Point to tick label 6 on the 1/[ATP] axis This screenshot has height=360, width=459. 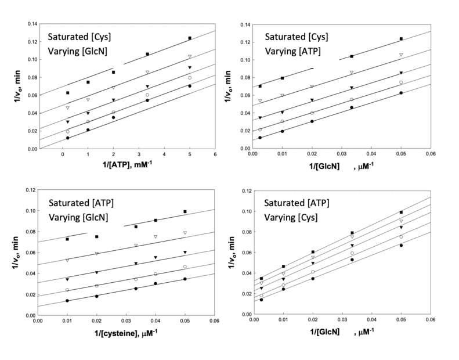click(x=215, y=154)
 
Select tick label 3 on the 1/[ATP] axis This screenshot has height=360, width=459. click(x=139, y=154)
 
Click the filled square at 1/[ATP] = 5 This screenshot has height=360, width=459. click(x=190, y=38)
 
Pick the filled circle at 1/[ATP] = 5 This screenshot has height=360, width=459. click(x=190, y=86)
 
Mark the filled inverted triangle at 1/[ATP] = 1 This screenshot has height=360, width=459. click(x=88, y=113)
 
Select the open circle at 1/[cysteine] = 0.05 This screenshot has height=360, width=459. click(x=185, y=267)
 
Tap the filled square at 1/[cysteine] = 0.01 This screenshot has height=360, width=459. click(x=67, y=239)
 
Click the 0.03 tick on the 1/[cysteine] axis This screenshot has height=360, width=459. click(x=126, y=321)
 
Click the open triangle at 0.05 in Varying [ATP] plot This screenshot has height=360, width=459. click(x=401, y=55)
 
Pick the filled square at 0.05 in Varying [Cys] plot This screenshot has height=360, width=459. click(x=401, y=212)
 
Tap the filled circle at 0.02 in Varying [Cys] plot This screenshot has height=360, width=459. click(x=313, y=279)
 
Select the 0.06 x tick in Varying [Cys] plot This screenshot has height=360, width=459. click(x=431, y=321)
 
